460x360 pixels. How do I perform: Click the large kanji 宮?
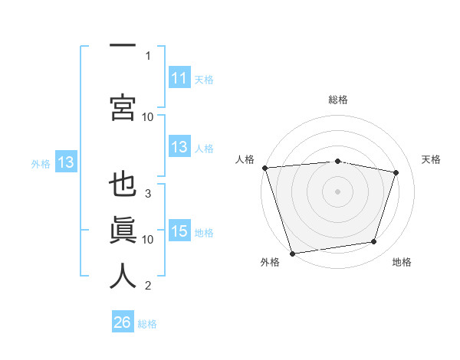coord(123,107)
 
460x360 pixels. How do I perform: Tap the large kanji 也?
coord(123,184)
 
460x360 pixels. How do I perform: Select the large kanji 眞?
coord(123,230)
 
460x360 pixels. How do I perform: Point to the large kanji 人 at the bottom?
coord(123,276)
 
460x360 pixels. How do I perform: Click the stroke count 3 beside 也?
coord(148,194)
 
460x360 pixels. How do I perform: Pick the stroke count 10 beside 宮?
coord(147,117)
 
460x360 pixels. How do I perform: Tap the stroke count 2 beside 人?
coord(148,285)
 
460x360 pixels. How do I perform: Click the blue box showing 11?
coord(179,77)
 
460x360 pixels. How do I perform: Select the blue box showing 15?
coord(179,230)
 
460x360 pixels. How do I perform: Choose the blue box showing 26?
coord(123,321)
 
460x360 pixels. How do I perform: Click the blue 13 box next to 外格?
coord(66,162)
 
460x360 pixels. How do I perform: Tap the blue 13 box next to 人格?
coord(179,146)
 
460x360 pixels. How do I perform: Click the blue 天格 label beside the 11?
coord(204,80)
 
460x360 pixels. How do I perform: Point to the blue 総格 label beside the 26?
coord(147,324)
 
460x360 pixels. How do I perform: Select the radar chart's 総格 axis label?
coord(338,100)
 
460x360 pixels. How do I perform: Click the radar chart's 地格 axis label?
coord(402,262)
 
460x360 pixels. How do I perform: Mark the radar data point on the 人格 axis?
coord(265,168)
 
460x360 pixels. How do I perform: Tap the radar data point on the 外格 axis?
coord(292,254)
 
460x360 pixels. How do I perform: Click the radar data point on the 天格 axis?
coord(396,172)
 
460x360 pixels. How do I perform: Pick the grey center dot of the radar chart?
coord(337,191)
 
